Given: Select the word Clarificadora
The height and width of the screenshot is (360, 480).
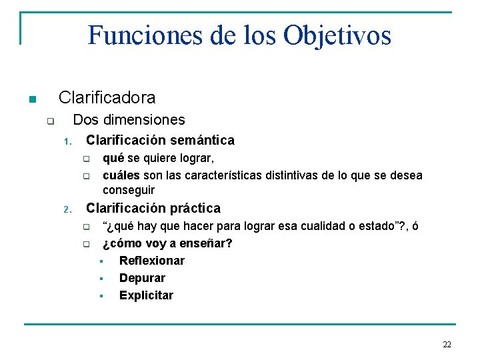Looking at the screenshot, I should tap(107, 98).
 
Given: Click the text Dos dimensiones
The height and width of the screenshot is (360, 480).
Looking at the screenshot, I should tap(129, 120).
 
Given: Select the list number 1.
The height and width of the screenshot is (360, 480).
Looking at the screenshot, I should tap(67, 141).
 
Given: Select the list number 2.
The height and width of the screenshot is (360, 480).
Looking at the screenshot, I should tap(67, 210).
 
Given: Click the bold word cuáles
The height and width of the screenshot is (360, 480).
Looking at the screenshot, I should tap(121, 175).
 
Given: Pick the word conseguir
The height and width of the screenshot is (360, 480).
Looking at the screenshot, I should tap(128, 190).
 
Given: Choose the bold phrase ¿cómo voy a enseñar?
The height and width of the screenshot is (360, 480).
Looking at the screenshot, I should tap(167, 243).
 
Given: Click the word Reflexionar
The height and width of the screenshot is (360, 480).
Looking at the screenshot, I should tap(151, 261).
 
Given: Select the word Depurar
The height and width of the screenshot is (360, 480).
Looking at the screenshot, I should tap(142, 278).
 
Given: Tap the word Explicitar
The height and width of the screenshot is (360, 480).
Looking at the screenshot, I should tap(146, 295).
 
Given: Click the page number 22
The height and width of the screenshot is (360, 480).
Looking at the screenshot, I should tap(447, 345).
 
